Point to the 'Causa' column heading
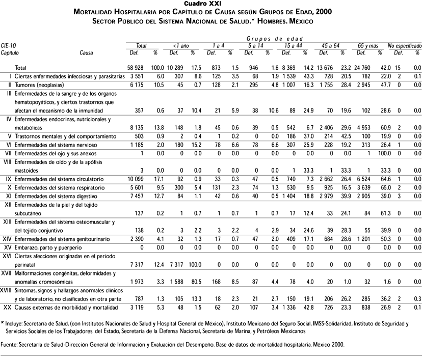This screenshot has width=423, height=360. pyautogui.click(x=86, y=52)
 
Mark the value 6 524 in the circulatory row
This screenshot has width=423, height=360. pyautogui.click(x=367, y=179)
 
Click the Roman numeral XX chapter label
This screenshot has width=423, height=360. pyautogui.click(x=7, y=308)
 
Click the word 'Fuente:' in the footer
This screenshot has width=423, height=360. pyautogui.click(x=9, y=344)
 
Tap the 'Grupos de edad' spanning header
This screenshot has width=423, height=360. pyautogui.click(x=275, y=38)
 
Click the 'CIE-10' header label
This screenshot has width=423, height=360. pyautogui.click(x=8, y=45)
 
